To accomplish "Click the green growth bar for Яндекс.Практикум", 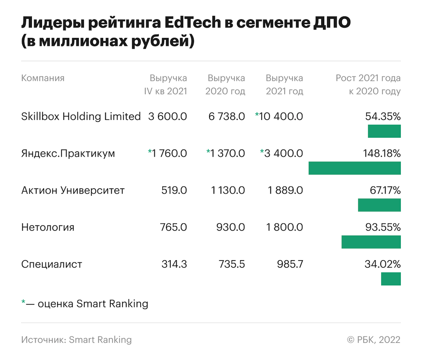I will (354, 168).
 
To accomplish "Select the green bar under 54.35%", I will (384, 131).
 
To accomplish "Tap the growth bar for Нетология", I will (371, 242).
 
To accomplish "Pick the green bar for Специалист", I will (391, 279).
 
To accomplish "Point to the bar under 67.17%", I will (379, 205).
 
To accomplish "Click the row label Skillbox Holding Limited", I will (81, 116).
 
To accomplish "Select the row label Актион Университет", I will (73, 190).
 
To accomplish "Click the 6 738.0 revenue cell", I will (226, 116).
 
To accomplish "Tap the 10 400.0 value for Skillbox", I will (281, 116).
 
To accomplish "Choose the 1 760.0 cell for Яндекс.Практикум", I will (169, 153).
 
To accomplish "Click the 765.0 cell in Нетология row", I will (173, 227).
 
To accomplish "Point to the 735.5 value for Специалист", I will (231, 264).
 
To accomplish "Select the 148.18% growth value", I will (382, 153).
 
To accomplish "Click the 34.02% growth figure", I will (383, 264).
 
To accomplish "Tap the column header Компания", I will (43, 78).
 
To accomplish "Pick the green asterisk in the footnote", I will (23, 303).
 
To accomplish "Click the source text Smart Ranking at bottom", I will (100, 339).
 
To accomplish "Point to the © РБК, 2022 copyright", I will (374, 339).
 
